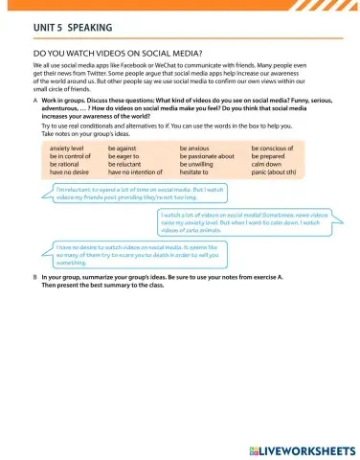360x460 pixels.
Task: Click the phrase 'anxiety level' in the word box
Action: [x=66, y=149]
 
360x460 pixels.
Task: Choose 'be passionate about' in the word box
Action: [x=207, y=156]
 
